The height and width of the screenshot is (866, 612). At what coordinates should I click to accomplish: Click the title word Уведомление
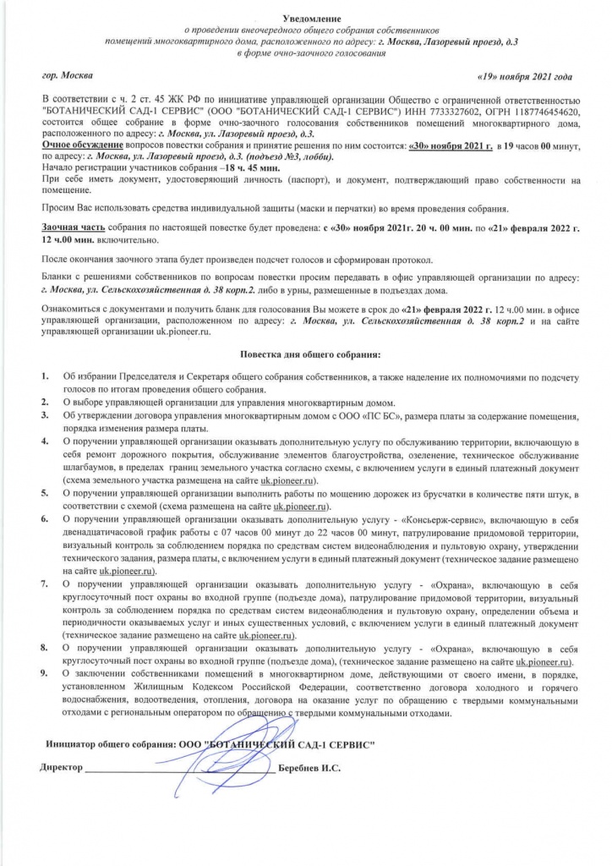tap(305, 17)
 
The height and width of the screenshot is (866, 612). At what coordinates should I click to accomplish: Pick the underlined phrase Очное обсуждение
tap(78, 145)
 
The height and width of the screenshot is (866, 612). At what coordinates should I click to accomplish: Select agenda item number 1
tap(44, 375)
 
